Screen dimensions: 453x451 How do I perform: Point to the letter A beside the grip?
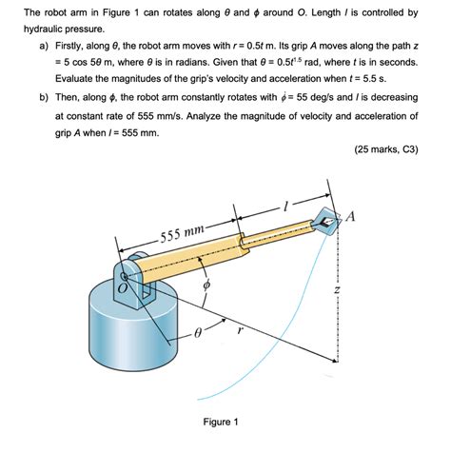(x=351, y=216)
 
